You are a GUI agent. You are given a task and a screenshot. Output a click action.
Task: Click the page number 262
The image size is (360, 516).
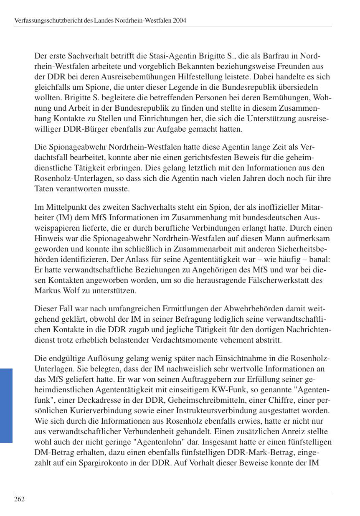point(19,499)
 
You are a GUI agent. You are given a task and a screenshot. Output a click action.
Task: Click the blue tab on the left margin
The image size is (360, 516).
point(6,405)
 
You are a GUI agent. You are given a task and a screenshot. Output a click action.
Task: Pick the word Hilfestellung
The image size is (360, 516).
point(245,77)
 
